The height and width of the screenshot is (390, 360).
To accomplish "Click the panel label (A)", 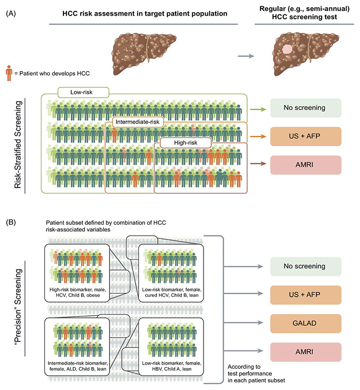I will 11,13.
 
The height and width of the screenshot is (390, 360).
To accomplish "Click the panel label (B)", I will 11,222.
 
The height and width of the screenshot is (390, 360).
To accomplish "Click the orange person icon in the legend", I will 9,73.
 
